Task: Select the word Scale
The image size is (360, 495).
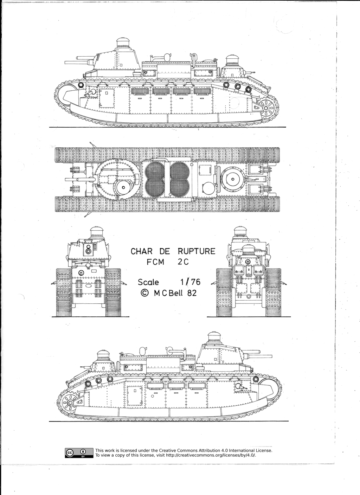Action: tap(148, 282)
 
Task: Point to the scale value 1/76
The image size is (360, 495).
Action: tap(190, 282)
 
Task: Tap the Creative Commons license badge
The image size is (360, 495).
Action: tap(78, 453)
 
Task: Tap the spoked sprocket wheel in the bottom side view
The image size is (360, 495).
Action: tap(69, 402)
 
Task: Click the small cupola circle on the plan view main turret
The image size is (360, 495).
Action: tap(123, 187)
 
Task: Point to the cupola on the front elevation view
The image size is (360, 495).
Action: tap(96, 232)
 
